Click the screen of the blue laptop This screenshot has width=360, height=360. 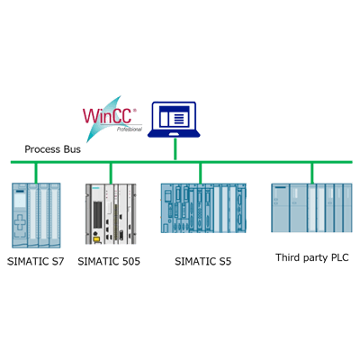click(176, 116)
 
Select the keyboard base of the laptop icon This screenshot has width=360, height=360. click(176, 134)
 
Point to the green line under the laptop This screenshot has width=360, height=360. click(176, 150)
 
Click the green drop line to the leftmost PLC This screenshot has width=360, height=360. click(37, 172)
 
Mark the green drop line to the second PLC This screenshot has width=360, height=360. click(111, 172)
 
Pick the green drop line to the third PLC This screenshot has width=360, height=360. click(201, 172)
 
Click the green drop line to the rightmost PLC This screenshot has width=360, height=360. click(311, 172)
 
